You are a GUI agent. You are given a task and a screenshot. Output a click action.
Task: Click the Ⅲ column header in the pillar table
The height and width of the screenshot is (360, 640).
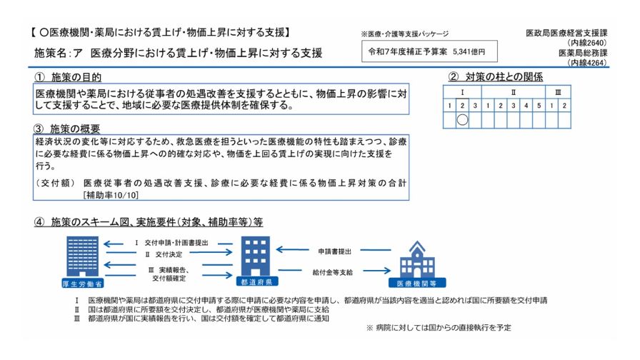pos(558,93)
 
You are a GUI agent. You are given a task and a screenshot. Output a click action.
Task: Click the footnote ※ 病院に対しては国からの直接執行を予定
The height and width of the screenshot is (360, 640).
pos(439,327)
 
